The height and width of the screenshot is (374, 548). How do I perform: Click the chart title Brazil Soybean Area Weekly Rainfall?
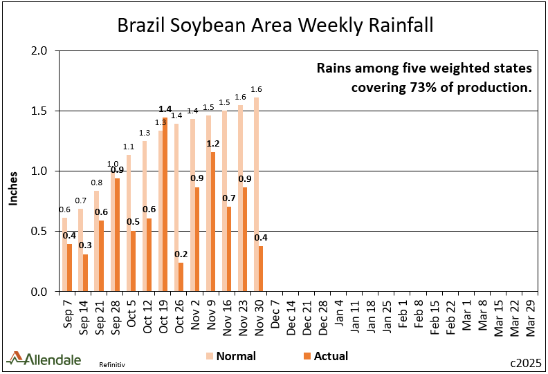(275, 26)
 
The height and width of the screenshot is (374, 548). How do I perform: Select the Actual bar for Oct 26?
(181, 277)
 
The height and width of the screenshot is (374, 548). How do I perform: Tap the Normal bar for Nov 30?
(256, 194)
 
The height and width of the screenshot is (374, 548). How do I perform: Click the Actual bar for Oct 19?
(165, 205)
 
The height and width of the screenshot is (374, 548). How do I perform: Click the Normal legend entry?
(230, 357)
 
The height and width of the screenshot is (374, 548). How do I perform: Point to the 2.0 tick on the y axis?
(39, 51)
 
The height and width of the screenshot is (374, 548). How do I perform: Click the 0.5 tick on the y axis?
(39, 232)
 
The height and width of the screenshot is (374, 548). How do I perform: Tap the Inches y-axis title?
(13, 188)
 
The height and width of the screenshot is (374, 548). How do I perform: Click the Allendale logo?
(44, 358)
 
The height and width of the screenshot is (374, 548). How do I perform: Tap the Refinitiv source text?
(116, 363)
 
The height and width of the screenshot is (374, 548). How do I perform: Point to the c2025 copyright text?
(524, 362)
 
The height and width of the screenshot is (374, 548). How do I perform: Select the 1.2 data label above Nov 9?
(214, 144)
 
